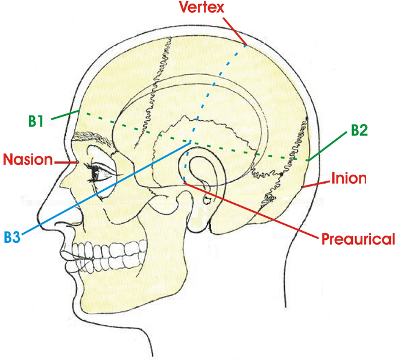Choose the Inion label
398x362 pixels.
pos(349,179)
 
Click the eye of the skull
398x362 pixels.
pos(98,173)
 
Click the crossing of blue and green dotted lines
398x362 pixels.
pos(195,141)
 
